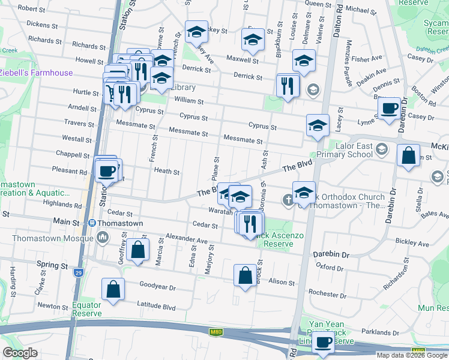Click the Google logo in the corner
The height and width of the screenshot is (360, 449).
[20, 353]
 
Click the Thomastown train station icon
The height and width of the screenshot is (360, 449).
[92, 223]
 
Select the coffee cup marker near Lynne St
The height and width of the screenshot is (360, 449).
[390, 109]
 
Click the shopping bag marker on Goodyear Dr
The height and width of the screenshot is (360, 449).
[113, 290]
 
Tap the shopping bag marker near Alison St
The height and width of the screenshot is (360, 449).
[245, 275]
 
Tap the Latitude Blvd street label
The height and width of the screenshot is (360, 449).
[157, 307]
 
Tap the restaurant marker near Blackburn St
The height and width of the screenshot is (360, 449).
[288, 86]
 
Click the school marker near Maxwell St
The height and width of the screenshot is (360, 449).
[253, 41]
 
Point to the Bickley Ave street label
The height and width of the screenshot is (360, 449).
[412, 244]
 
